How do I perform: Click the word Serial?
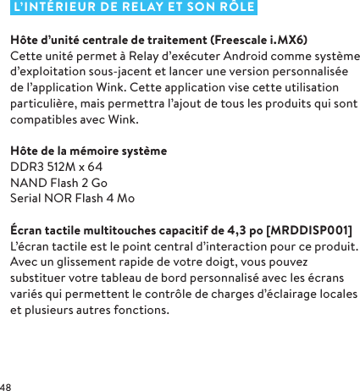26,198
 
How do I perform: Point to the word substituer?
40,278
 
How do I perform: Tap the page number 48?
7,385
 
